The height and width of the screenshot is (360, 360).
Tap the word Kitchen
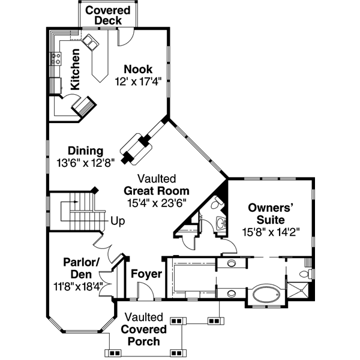(75, 69)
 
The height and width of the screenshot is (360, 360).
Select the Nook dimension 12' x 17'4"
(138, 80)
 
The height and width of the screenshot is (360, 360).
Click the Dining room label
(85, 151)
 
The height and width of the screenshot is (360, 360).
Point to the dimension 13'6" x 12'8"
(85, 162)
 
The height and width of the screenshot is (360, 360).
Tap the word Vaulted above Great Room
(156, 179)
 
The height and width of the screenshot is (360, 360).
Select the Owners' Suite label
(274, 214)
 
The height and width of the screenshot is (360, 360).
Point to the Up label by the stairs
(118, 221)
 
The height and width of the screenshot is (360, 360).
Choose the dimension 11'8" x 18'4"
(78, 286)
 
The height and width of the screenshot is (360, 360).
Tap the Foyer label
(146, 274)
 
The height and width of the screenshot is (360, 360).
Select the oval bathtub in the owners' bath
(268, 295)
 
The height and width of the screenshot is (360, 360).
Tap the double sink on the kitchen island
(90, 42)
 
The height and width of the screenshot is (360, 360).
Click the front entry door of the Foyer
(145, 293)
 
